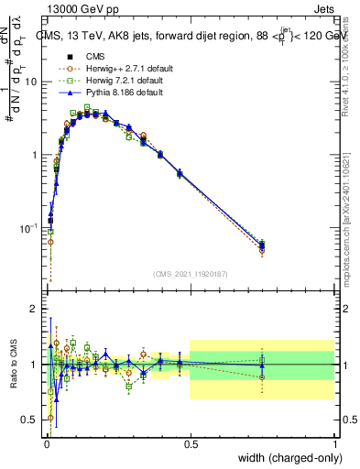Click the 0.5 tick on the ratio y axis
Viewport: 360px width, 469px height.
tap(33, 420)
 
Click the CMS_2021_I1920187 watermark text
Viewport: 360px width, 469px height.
tap(190, 274)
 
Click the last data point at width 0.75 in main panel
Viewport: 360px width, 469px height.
tap(262, 245)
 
